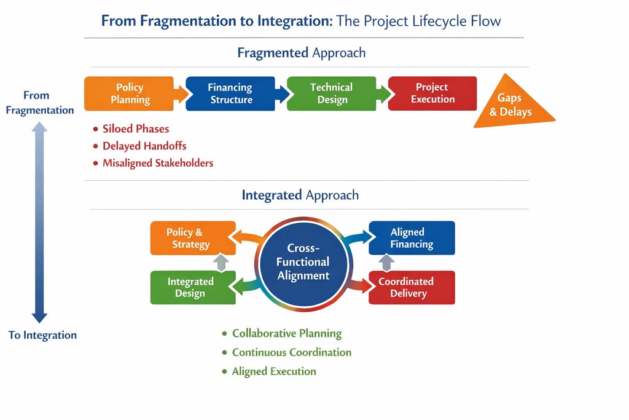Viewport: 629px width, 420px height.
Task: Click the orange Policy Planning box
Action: pos(129,93)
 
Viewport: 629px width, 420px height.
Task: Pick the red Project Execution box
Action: pos(432,93)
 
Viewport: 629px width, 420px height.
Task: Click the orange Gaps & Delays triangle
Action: pos(512,103)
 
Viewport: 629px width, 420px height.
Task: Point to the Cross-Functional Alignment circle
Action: pos(303,263)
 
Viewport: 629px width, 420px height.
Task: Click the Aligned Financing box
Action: pos(412,238)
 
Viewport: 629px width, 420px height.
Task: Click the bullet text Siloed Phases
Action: pos(136,129)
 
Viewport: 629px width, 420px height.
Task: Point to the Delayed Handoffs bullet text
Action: pos(144,146)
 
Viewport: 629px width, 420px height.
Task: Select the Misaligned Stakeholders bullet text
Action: pos(158,163)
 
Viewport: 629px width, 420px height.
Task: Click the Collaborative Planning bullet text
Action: pos(287,334)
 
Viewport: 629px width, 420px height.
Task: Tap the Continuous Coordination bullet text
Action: pos(292,352)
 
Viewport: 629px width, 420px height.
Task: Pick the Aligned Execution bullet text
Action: pos(274,371)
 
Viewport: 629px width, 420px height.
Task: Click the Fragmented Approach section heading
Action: pos(301,53)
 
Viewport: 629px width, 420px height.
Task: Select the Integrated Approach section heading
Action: pos(300,195)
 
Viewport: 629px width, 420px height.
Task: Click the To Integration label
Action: pos(42,335)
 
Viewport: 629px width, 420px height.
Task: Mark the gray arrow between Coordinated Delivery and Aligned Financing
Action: pos(386,263)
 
